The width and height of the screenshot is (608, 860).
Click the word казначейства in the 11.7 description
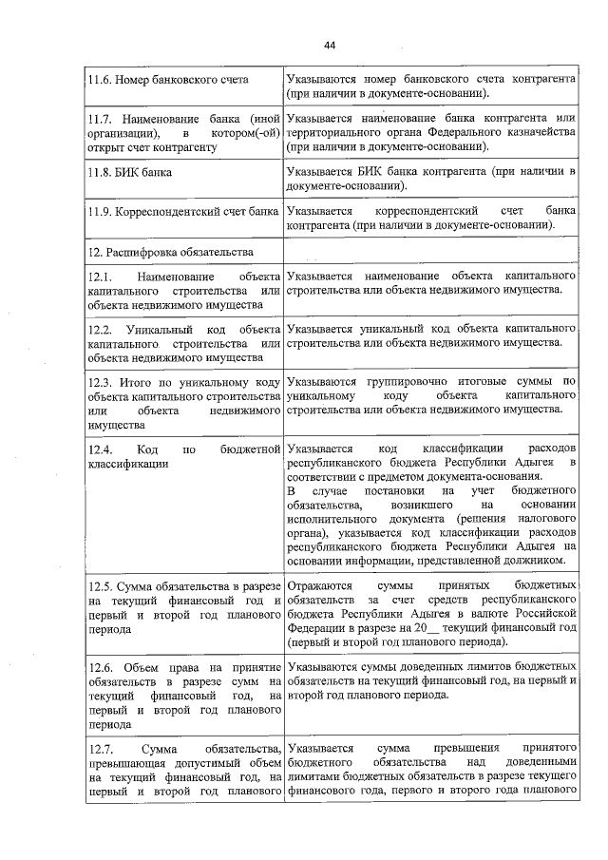click(x=538, y=133)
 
